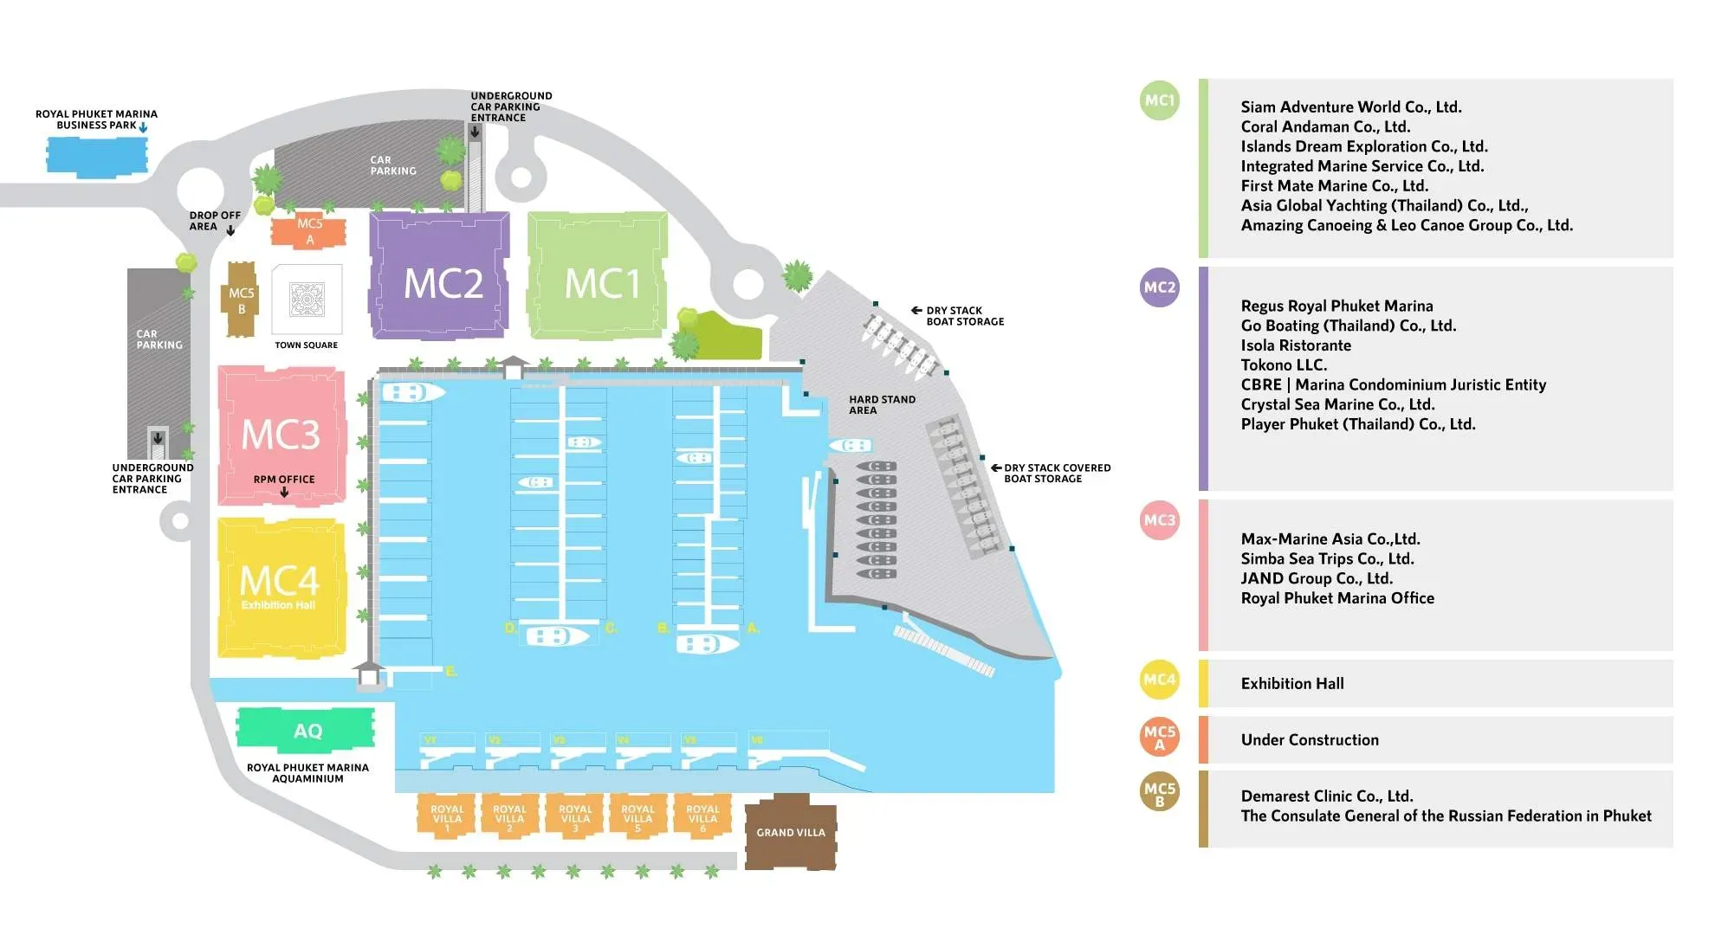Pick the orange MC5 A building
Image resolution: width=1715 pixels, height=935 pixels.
[x=308, y=231]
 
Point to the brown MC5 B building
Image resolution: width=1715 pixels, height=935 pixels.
[x=242, y=300]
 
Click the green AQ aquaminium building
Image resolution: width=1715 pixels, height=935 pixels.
[x=307, y=729]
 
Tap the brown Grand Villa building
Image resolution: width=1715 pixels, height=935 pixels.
[x=791, y=832]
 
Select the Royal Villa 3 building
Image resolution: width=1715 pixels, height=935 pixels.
[x=575, y=817]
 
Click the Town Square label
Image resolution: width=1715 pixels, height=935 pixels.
[x=306, y=345]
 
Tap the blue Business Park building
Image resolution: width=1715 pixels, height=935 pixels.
[x=95, y=157]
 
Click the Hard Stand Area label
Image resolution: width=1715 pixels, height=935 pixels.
[x=881, y=404]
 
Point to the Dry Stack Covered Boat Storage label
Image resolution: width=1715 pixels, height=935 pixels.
[x=1056, y=474]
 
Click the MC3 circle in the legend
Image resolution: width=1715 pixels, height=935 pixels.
[x=1160, y=520]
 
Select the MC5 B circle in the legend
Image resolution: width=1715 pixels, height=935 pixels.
[x=1160, y=793]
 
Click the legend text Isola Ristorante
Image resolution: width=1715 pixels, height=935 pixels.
[x=1296, y=345]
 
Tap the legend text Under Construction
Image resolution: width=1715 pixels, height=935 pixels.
[x=1310, y=740]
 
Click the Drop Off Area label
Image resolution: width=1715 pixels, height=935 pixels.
[x=214, y=221]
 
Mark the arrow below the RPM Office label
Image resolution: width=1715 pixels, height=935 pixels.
[x=284, y=493]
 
